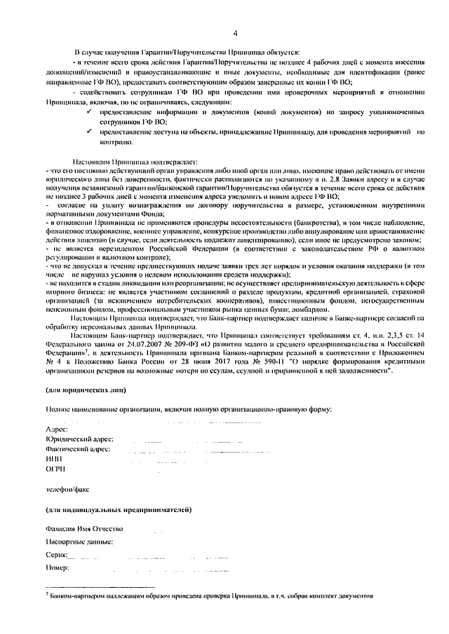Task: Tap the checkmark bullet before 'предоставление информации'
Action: coord(89,111)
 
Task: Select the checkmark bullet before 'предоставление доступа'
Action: coord(89,131)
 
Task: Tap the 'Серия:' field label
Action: coord(57,555)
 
